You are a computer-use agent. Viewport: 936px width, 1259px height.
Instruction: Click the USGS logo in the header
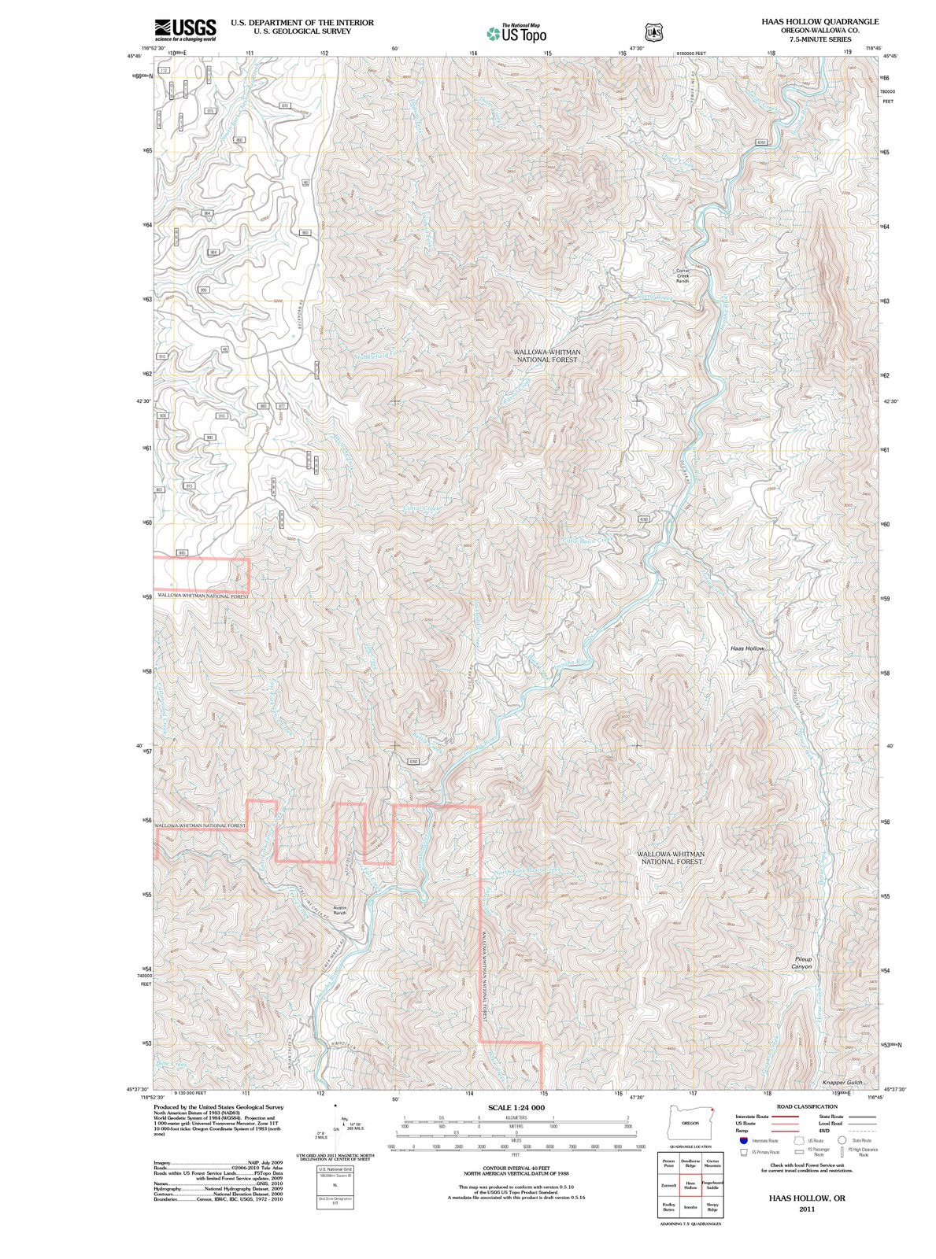click(x=185, y=29)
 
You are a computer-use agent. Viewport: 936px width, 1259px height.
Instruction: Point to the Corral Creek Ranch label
click(x=683, y=275)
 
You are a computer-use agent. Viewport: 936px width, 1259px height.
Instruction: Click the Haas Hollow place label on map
click(x=746, y=648)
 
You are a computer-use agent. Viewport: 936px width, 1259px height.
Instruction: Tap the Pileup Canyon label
click(x=802, y=962)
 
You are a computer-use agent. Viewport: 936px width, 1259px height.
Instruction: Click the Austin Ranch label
click(x=339, y=910)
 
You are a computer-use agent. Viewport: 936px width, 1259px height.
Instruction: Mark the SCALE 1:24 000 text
click(x=516, y=1107)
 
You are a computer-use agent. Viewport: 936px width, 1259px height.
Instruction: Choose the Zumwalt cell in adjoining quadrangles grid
click(x=668, y=1184)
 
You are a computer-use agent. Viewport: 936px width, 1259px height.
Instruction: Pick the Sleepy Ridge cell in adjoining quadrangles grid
click(x=712, y=1206)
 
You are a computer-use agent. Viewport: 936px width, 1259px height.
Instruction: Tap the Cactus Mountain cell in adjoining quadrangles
click(x=712, y=1163)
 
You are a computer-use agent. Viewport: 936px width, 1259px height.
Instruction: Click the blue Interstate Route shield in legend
click(x=743, y=1140)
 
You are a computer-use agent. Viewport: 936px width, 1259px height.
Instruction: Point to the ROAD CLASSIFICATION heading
click(x=794, y=1106)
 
